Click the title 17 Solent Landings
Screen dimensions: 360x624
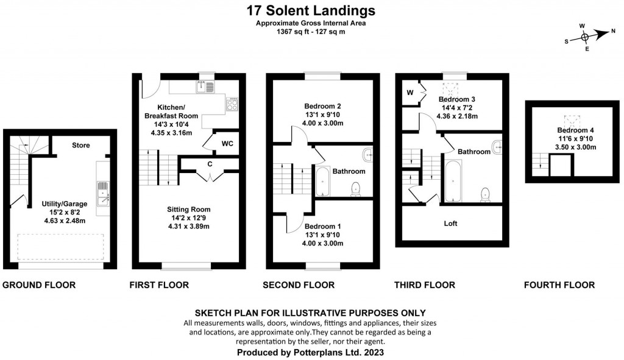[311, 10]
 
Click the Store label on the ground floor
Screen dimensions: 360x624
[81, 146]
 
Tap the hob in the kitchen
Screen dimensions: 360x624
[233, 105]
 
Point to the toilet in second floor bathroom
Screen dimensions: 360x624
[356, 191]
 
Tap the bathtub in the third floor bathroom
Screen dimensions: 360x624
[453, 181]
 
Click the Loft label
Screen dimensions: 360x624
[450, 224]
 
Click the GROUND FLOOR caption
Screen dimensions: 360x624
[40, 285]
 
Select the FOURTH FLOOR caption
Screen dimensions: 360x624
[559, 285]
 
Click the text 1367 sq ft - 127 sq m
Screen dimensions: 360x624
[311, 32]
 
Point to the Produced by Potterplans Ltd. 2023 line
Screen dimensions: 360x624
[311, 353]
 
